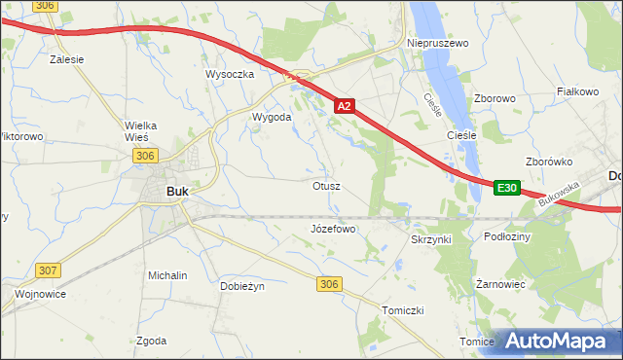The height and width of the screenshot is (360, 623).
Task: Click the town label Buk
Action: click(x=177, y=192)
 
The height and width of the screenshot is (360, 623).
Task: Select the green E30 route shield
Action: click(x=507, y=188)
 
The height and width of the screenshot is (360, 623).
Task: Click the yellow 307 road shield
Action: click(x=48, y=269)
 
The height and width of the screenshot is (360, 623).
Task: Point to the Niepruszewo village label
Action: click(x=438, y=44)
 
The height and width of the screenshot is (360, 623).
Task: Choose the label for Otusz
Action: click(x=326, y=185)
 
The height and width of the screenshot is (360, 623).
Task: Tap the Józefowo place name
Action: click(x=333, y=230)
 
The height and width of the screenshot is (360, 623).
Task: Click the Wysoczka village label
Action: click(x=230, y=74)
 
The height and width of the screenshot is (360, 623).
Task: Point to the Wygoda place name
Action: click(x=272, y=117)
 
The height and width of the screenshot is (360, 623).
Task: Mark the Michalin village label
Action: click(x=167, y=275)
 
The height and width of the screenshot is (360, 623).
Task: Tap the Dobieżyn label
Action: click(x=242, y=286)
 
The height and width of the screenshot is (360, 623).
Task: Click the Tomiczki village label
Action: click(x=402, y=309)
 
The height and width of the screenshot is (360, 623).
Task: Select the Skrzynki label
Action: click(x=431, y=238)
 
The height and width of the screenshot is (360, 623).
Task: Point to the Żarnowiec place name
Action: click(x=501, y=285)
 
